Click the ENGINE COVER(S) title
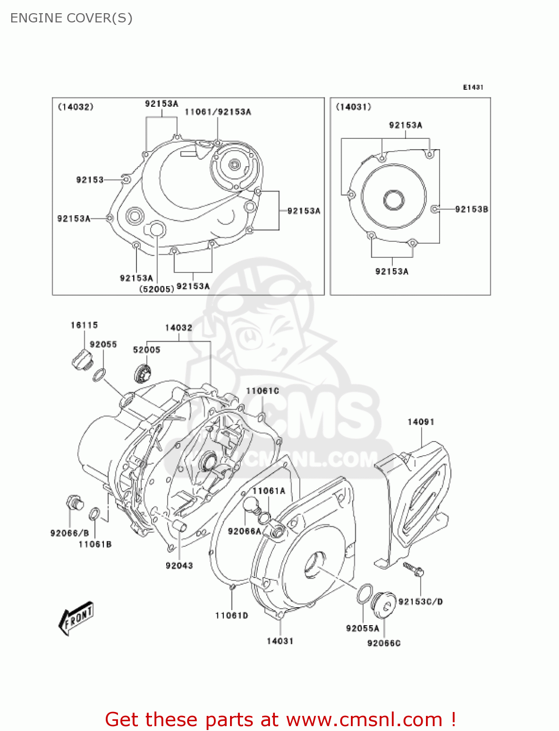point(71,18)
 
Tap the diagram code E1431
point(473,87)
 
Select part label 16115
point(84,325)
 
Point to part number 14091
point(421,422)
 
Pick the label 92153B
point(471,209)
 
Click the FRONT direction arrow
point(76,618)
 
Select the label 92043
point(179,565)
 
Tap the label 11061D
point(231,616)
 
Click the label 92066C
point(384,643)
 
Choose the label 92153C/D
point(420,602)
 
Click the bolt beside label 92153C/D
point(413,569)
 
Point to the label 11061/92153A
point(218,112)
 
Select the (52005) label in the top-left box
point(156,289)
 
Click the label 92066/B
point(70,533)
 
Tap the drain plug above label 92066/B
point(74,502)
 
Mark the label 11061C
point(262,391)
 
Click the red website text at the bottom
point(280,719)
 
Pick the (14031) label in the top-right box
point(353,107)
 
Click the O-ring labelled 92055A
point(364,594)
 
